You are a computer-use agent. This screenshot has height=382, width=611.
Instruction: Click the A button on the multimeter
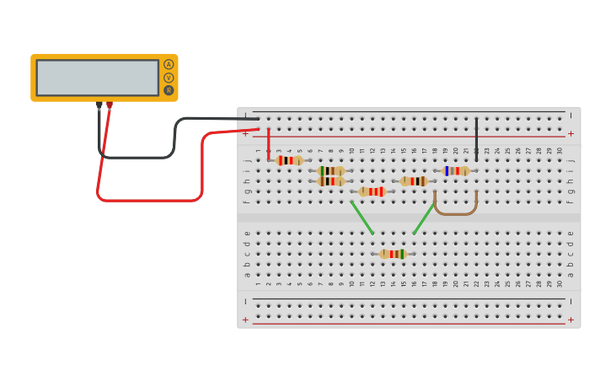[169, 65]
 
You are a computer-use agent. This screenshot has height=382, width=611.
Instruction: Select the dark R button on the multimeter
[169, 90]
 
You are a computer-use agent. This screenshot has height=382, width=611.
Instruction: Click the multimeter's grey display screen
[97, 78]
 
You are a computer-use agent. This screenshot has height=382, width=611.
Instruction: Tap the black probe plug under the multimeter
[99, 105]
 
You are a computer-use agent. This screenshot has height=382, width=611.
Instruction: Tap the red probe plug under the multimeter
[110, 105]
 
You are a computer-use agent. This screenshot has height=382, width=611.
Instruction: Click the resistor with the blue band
[456, 171]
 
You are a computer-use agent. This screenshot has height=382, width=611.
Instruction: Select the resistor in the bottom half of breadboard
[392, 254]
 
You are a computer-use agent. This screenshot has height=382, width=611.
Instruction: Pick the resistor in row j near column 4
[289, 160]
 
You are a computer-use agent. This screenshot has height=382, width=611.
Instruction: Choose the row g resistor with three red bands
[372, 191]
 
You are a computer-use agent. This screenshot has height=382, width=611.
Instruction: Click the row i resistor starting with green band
[330, 171]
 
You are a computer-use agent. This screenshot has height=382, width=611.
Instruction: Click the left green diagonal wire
[362, 218]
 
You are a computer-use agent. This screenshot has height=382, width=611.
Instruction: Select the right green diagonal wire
[424, 218]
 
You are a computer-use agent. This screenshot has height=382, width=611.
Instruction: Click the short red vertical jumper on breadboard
[269, 143]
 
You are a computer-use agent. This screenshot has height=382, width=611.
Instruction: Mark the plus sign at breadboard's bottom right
[571, 320]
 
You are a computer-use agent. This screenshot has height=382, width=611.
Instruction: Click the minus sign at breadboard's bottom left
[246, 301]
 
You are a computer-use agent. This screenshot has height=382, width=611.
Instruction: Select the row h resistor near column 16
[413, 181]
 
